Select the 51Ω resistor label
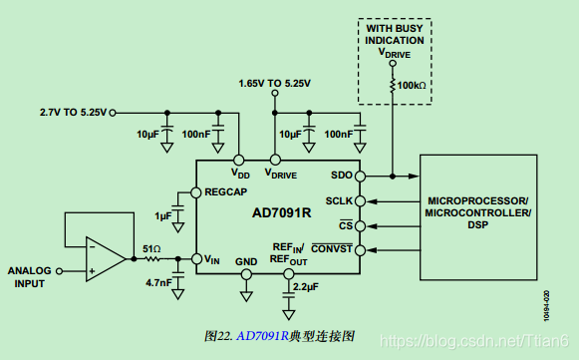coord(151,248)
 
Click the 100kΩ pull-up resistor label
coord(411,87)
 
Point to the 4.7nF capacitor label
coord(156,282)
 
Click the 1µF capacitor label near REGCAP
coord(162,215)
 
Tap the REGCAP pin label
coord(225,190)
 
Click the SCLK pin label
coord(338,200)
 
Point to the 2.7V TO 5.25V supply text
coord(72,111)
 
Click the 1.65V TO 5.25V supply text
coord(274,83)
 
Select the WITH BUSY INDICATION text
coord(395,35)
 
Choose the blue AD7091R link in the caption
coord(262,336)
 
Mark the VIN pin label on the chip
coord(211,260)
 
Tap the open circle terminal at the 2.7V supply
coord(114,111)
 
